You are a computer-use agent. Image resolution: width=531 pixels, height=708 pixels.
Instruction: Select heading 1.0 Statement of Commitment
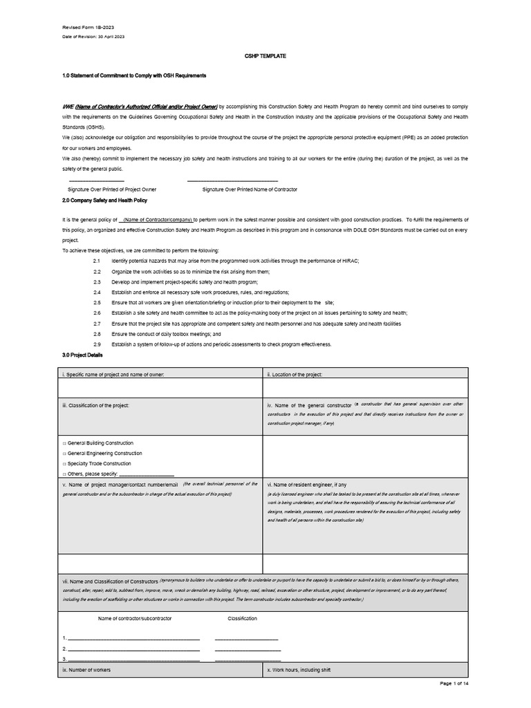click(134, 75)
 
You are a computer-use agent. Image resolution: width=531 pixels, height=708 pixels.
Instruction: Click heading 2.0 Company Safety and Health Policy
click(104, 200)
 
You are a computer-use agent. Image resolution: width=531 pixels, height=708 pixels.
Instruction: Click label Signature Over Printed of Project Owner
click(111, 189)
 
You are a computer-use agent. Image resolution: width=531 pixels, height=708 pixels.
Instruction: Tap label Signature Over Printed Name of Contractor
click(250, 189)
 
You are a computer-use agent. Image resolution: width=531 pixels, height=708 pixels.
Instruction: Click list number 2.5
click(97, 303)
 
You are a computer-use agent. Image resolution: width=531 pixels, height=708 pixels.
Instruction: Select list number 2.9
click(97, 344)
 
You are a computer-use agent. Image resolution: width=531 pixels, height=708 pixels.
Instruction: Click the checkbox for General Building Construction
click(64, 442)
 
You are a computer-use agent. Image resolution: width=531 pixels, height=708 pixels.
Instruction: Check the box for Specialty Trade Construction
click(64, 463)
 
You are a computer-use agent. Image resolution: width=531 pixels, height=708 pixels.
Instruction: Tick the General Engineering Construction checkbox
click(64, 453)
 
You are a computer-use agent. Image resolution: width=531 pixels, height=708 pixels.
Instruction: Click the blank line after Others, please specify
click(147, 474)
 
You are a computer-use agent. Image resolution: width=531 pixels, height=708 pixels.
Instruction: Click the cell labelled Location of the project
click(295, 374)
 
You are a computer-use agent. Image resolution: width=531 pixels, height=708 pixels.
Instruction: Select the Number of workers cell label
click(86, 670)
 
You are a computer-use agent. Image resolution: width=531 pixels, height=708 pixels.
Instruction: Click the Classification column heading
click(242, 618)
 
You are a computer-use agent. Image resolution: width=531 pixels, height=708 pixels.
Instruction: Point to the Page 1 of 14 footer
click(454, 683)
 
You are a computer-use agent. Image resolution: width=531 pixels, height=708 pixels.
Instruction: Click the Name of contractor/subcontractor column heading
click(135, 618)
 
